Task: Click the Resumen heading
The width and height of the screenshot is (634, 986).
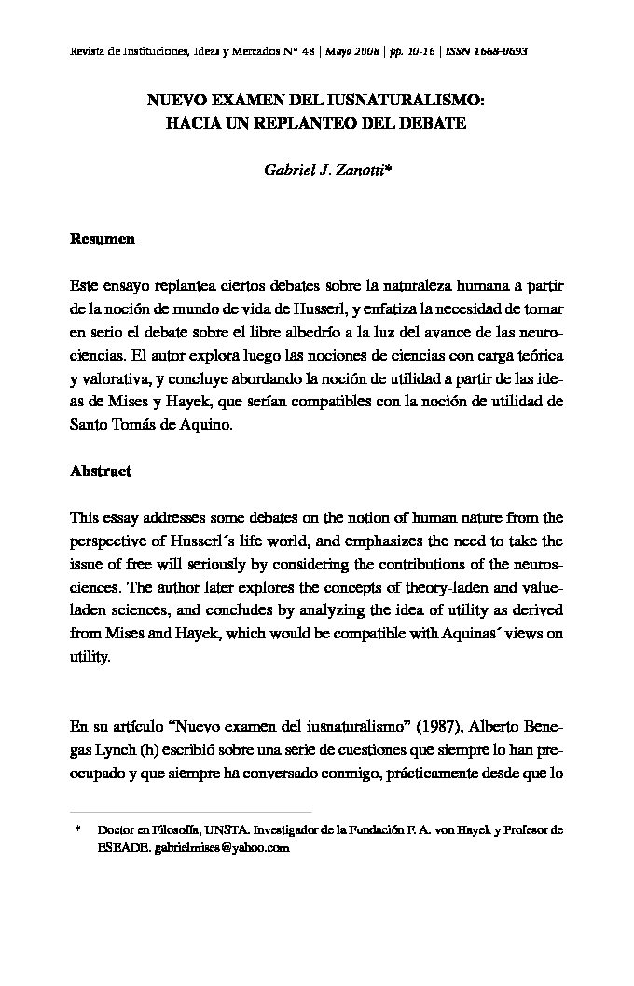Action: tap(103, 240)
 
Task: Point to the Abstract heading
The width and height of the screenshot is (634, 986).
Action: tap(101, 471)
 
